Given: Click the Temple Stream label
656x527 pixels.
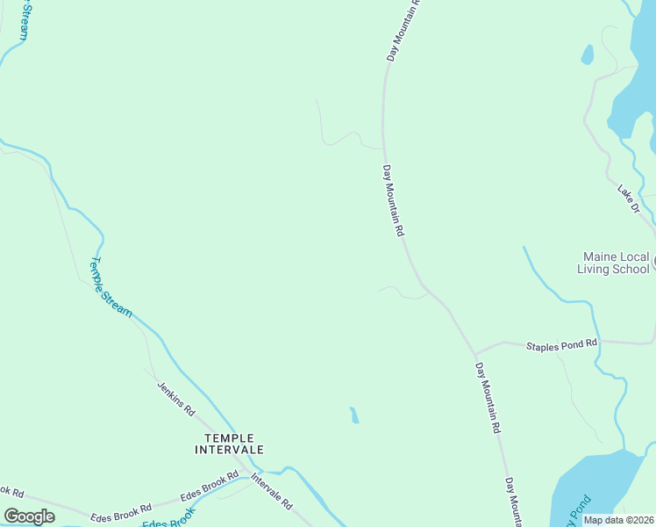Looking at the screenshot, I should tap(111, 286).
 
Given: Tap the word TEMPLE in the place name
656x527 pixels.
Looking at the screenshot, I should tap(229, 437).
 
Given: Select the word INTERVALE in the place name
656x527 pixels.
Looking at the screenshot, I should tap(229, 449).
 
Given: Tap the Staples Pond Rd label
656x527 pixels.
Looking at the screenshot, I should tap(561, 345).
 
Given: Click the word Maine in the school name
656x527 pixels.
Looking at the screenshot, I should tap(601, 257).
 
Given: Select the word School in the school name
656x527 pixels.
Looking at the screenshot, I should tap(631, 269).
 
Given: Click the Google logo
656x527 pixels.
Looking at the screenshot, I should tap(29, 516).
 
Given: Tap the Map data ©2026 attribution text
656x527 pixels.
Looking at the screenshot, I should tap(619, 520).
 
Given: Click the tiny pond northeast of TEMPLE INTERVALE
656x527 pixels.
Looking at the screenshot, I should tap(353, 415).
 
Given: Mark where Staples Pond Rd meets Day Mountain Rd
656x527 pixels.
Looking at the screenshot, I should tap(475, 352).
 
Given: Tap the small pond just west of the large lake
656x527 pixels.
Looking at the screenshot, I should tap(587, 54).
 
